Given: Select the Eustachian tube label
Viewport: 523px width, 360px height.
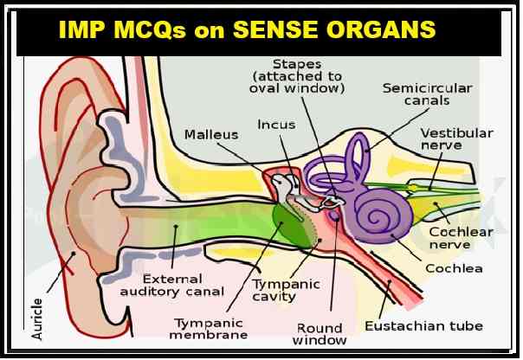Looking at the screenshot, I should click(423, 326).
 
